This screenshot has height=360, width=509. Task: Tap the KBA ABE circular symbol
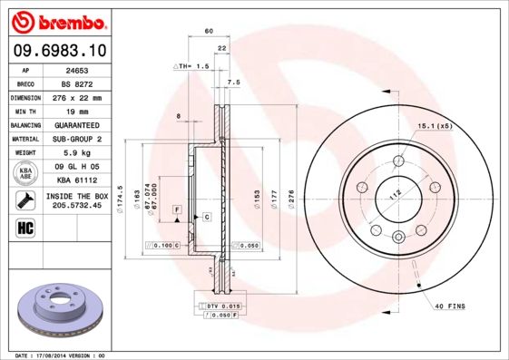click(27, 172)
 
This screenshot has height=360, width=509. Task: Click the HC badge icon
click(24, 227)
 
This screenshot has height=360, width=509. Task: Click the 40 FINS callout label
click(448, 306)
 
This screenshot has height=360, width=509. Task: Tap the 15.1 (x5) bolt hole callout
click(435, 126)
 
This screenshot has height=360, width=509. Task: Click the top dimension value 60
click(209, 31)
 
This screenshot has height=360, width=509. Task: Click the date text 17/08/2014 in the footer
click(57, 355)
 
